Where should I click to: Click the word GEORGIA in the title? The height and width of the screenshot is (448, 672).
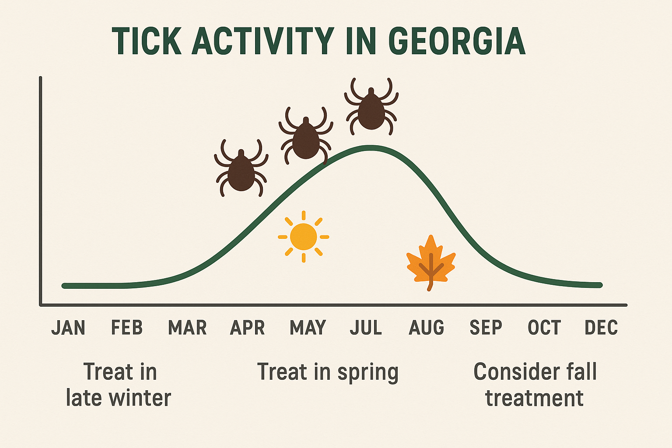click(457, 42)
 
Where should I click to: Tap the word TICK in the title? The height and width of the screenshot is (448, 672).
click(147, 42)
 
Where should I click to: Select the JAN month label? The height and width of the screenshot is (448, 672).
click(68, 328)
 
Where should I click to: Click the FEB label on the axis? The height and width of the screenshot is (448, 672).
click(127, 328)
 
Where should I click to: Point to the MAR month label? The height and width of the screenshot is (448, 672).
click(187, 328)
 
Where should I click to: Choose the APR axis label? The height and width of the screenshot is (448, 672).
click(248, 328)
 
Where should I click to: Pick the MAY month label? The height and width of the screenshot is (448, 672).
click(308, 328)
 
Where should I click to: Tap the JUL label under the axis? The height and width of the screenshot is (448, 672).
click(366, 328)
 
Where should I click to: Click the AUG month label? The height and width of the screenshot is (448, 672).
click(427, 328)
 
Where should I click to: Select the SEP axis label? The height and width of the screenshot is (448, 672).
click(486, 328)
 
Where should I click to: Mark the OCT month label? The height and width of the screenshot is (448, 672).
click(544, 328)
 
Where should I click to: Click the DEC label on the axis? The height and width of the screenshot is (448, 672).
click(601, 328)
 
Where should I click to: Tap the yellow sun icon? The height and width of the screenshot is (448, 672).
click(303, 237)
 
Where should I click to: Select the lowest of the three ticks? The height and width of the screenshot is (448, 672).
click(241, 171)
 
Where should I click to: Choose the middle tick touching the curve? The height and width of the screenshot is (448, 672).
click(306, 138)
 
